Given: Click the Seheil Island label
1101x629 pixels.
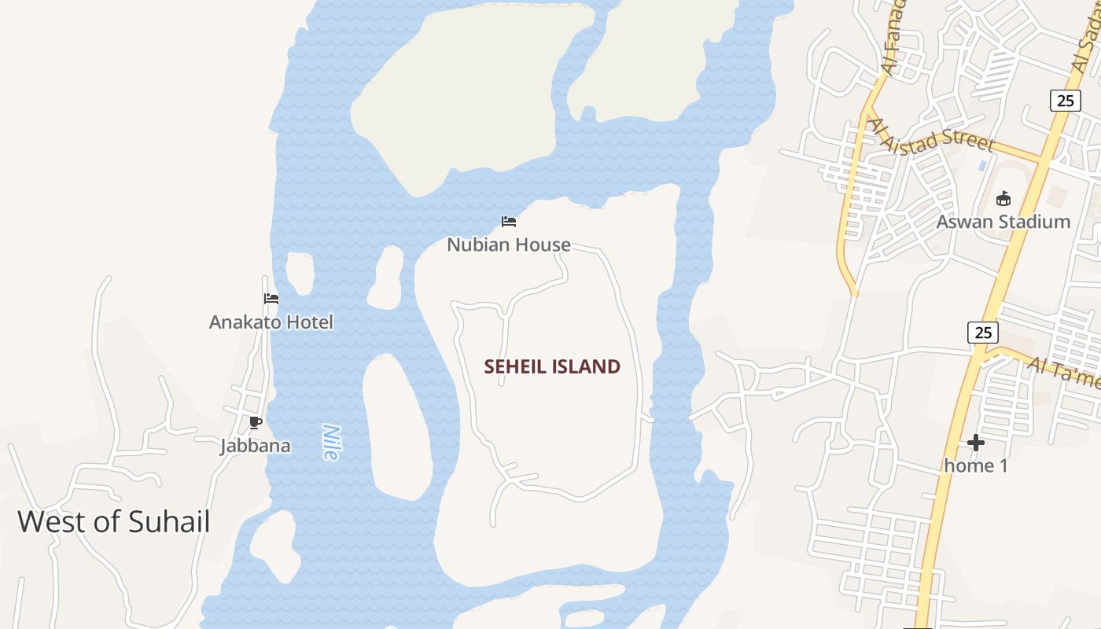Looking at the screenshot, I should [x=552, y=366].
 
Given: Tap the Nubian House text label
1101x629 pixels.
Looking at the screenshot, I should [x=509, y=245].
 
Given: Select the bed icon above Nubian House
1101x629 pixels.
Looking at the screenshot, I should [x=509, y=222].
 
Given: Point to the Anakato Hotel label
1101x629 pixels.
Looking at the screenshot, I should [x=271, y=322].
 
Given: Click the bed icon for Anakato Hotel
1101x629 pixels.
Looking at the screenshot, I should [x=271, y=298].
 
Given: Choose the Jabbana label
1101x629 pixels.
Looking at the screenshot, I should [x=256, y=446].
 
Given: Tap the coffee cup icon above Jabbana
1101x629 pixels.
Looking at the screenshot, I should [x=255, y=423].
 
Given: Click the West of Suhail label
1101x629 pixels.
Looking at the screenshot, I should [x=114, y=521].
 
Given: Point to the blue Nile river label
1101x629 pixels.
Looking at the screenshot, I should [x=331, y=442].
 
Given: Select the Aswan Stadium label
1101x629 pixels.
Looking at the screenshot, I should [x=1003, y=222].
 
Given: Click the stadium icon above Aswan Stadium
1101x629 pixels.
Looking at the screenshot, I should [x=1003, y=198].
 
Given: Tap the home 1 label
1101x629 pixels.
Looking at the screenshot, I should [x=975, y=465].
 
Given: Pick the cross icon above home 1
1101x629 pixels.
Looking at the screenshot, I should [x=976, y=443].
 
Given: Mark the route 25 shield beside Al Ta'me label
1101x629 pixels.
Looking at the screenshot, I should [x=983, y=333].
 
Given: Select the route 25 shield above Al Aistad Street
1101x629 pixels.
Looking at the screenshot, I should [x=1065, y=100].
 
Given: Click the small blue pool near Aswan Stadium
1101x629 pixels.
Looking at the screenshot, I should [x=982, y=166].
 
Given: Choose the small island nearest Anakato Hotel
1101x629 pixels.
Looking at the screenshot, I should [x=300, y=273].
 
